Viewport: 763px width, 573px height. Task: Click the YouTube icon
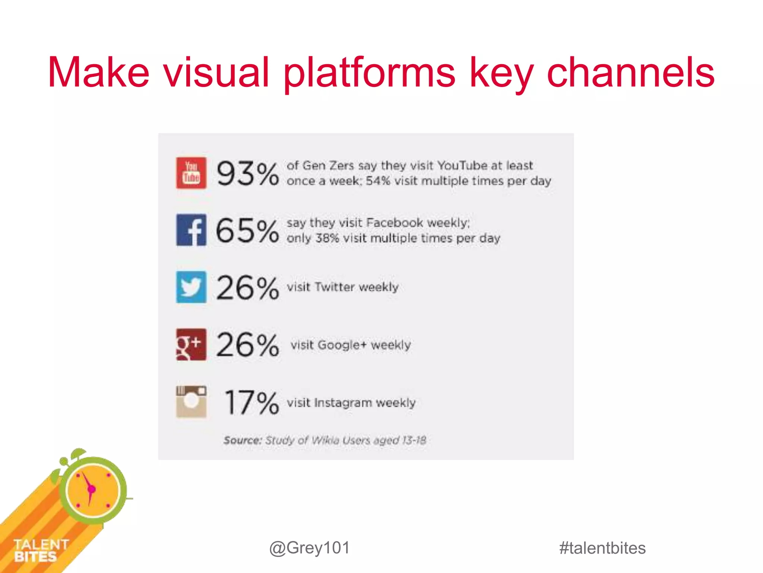tap(191, 173)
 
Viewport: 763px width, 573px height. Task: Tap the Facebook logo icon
tap(191, 230)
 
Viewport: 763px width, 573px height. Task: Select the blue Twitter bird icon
tap(191, 287)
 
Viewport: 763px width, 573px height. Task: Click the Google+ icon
tap(191, 344)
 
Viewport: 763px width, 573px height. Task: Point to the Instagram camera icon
tap(191, 402)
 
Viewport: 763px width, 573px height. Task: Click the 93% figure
tap(247, 173)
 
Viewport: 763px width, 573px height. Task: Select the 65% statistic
tap(247, 231)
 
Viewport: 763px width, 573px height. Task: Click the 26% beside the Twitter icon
tap(247, 288)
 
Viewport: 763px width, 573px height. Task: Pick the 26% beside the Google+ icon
tap(247, 345)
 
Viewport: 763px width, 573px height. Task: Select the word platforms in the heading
tap(369, 73)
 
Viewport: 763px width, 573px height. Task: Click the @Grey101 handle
tap(310, 548)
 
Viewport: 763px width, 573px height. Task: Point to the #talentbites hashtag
tap(602, 548)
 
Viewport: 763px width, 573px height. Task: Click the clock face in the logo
tap(92, 489)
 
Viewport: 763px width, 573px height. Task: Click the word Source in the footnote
tap(243, 440)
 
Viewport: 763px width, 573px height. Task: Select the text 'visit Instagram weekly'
tap(351, 403)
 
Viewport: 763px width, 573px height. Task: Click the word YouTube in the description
tap(462, 165)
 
